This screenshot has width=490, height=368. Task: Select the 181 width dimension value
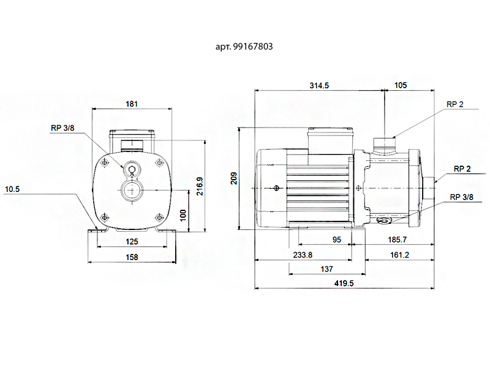point(132,104)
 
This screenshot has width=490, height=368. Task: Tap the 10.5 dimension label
point(12,189)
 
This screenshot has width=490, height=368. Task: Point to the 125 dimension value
point(132,242)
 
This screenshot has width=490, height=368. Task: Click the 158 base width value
point(132,257)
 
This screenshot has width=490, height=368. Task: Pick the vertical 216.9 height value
point(200,186)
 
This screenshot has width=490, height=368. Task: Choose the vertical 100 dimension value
point(183,215)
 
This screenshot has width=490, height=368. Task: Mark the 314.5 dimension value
point(319,85)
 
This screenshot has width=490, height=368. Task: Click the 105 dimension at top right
point(401,85)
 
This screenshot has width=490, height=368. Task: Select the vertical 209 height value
point(234,178)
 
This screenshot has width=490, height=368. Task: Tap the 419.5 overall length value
point(344,283)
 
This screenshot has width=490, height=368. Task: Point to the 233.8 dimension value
point(303,255)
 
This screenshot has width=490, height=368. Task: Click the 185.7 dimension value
point(397,240)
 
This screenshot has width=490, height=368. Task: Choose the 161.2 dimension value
point(399,255)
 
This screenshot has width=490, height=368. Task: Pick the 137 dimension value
point(326,269)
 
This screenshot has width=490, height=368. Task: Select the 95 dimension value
point(336,240)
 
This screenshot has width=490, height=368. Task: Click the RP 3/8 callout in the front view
point(62,128)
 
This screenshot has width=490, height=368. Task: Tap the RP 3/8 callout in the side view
point(461,197)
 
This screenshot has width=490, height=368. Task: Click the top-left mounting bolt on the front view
point(105,163)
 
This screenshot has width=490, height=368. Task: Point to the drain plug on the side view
point(383,221)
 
